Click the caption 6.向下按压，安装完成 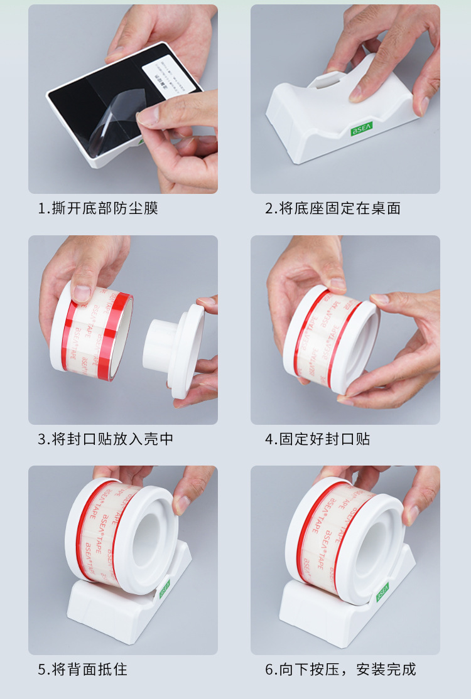[340, 670]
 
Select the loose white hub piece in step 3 [175, 351]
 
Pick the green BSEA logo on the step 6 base [382, 591]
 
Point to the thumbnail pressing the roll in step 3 [82, 293]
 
